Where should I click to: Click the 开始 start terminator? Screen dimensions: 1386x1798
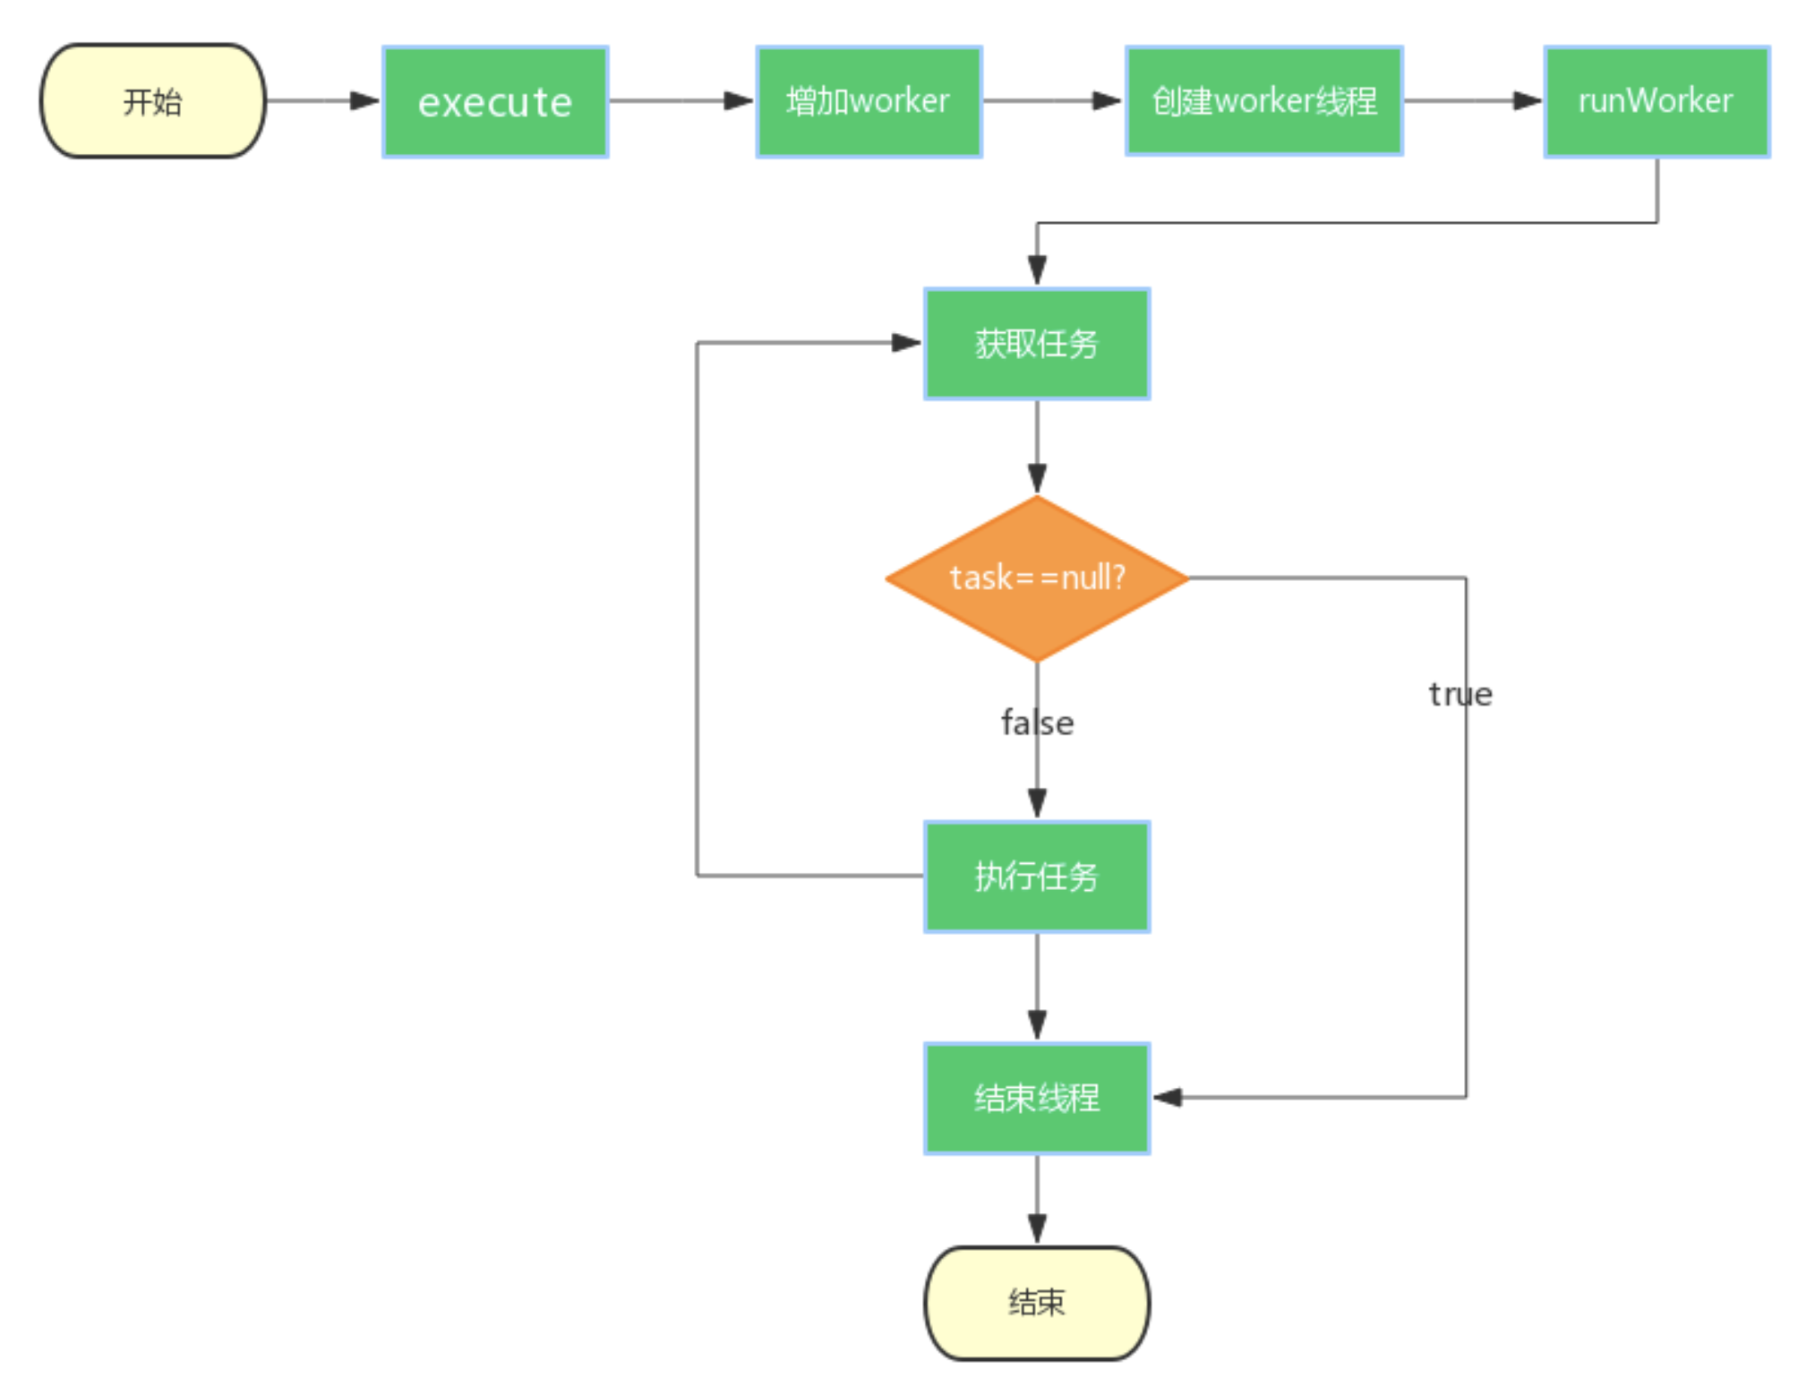pos(152,101)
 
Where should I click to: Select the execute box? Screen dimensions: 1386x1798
pos(495,102)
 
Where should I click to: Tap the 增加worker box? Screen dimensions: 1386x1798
pos(869,101)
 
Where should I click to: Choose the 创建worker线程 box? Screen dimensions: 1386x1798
pos(1263,101)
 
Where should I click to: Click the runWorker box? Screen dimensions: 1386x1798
pos(1656,101)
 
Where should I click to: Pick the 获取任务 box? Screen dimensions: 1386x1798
pos(1036,344)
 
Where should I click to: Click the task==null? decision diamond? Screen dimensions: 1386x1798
pos(1036,578)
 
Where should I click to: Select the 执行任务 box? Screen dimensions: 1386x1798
pos(1036,877)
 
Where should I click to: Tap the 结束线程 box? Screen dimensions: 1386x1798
pos(1036,1099)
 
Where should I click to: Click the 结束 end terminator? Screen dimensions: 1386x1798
pos(1036,1303)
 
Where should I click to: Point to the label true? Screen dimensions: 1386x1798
pos(1460,695)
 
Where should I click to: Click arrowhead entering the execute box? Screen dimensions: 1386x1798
pos(365,101)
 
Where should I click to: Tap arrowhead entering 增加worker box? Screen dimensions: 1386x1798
pos(739,101)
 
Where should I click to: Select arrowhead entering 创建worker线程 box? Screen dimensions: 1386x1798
pos(1108,101)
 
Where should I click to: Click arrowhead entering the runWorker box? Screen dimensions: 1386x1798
pos(1528,101)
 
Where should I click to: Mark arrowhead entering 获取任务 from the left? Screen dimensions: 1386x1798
pos(906,343)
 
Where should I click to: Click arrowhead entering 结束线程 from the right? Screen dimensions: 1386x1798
pos(1168,1098)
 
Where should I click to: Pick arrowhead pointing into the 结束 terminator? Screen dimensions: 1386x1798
pos(1037,1228)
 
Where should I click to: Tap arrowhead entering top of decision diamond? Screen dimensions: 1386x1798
pos(1037,478)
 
